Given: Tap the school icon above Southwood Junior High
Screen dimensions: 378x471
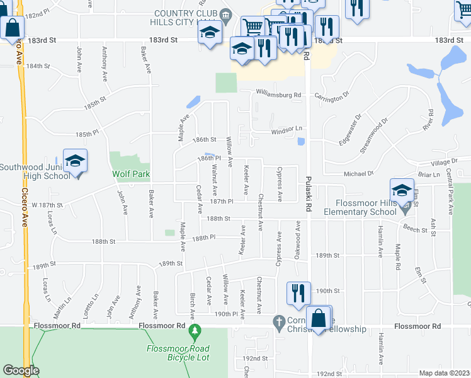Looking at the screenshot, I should [75, 161].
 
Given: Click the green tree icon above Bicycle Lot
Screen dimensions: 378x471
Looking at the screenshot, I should [195, 330].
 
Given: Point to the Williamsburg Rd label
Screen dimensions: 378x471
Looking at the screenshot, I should [278, 94].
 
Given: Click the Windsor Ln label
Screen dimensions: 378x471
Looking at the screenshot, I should [287, 130].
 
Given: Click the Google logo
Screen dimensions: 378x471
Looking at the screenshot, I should [21, 370].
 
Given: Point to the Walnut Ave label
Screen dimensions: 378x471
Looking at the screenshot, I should [215, 180].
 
